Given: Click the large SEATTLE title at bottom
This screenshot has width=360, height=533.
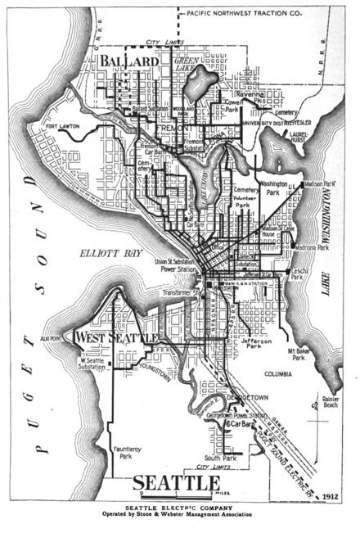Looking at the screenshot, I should coord(176,483).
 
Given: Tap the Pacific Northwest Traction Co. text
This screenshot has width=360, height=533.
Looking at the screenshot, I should coord(233,13).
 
